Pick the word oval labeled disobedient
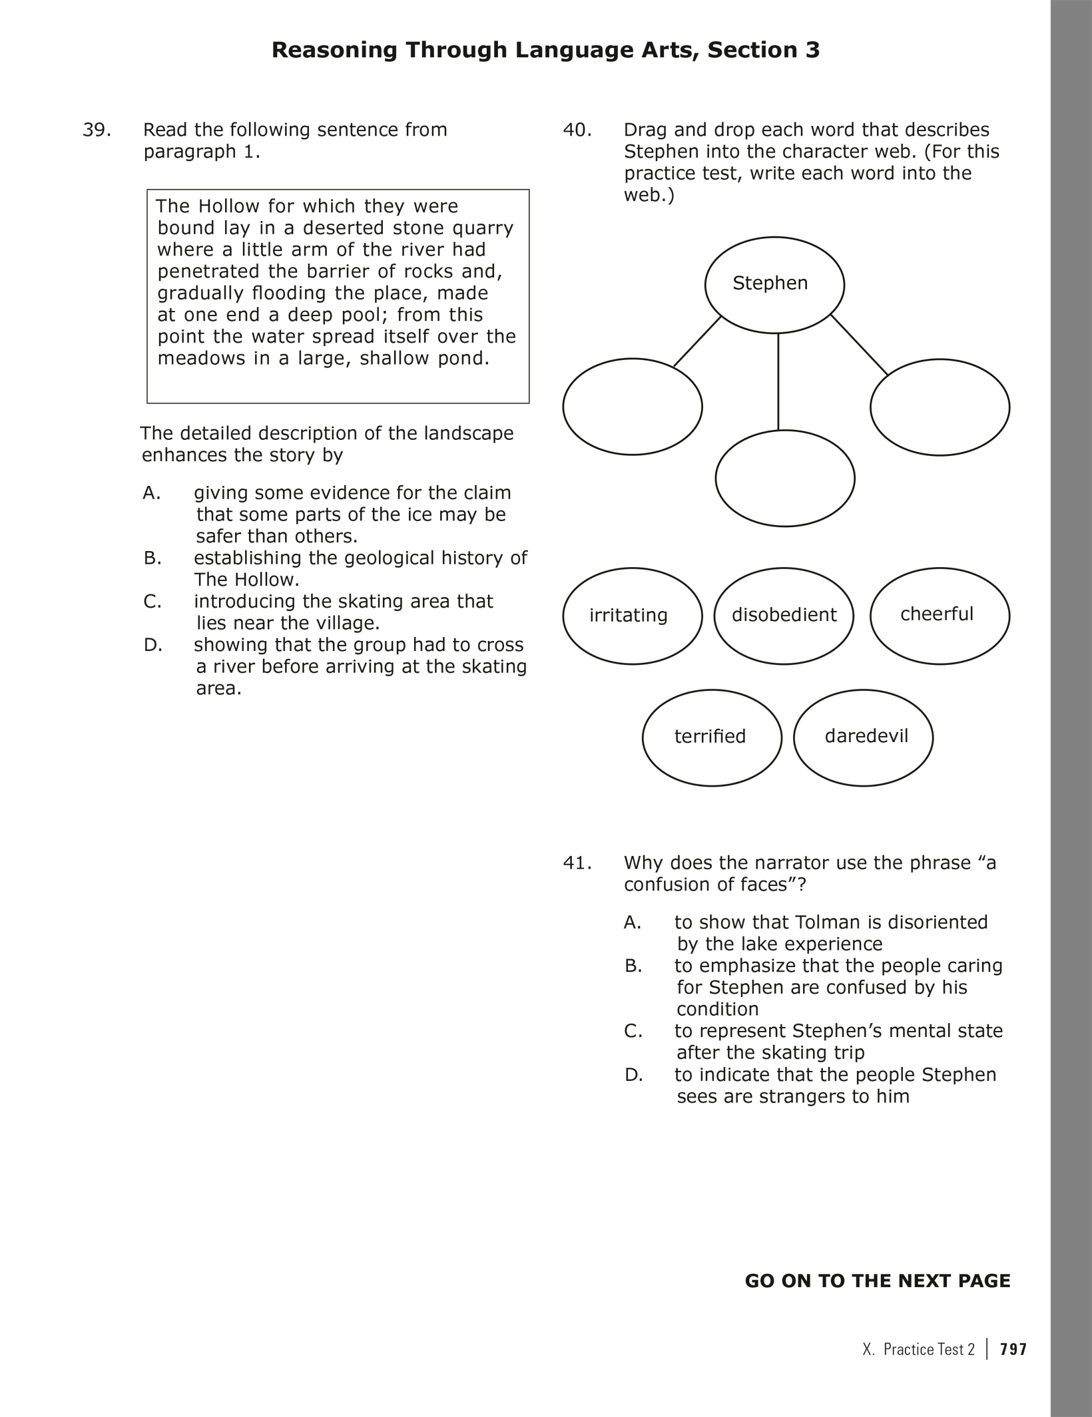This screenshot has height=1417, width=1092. (x=784, y=616)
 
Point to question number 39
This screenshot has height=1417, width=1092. (x=97, y=130)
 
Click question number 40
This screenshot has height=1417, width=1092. (x=577, y=130)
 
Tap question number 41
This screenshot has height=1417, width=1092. (x=577, y=863)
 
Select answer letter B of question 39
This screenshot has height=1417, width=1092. (x=152, y=558)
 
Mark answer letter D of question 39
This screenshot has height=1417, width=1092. (x=152, y=645)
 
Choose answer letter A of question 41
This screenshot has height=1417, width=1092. (x=633, y=922)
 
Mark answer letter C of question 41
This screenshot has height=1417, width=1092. (x=633, y=1031)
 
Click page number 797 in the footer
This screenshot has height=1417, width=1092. (x=1013, y=1349)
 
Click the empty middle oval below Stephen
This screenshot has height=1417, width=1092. (x=785, y=478)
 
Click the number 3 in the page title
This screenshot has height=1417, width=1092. (x=812, y=50)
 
